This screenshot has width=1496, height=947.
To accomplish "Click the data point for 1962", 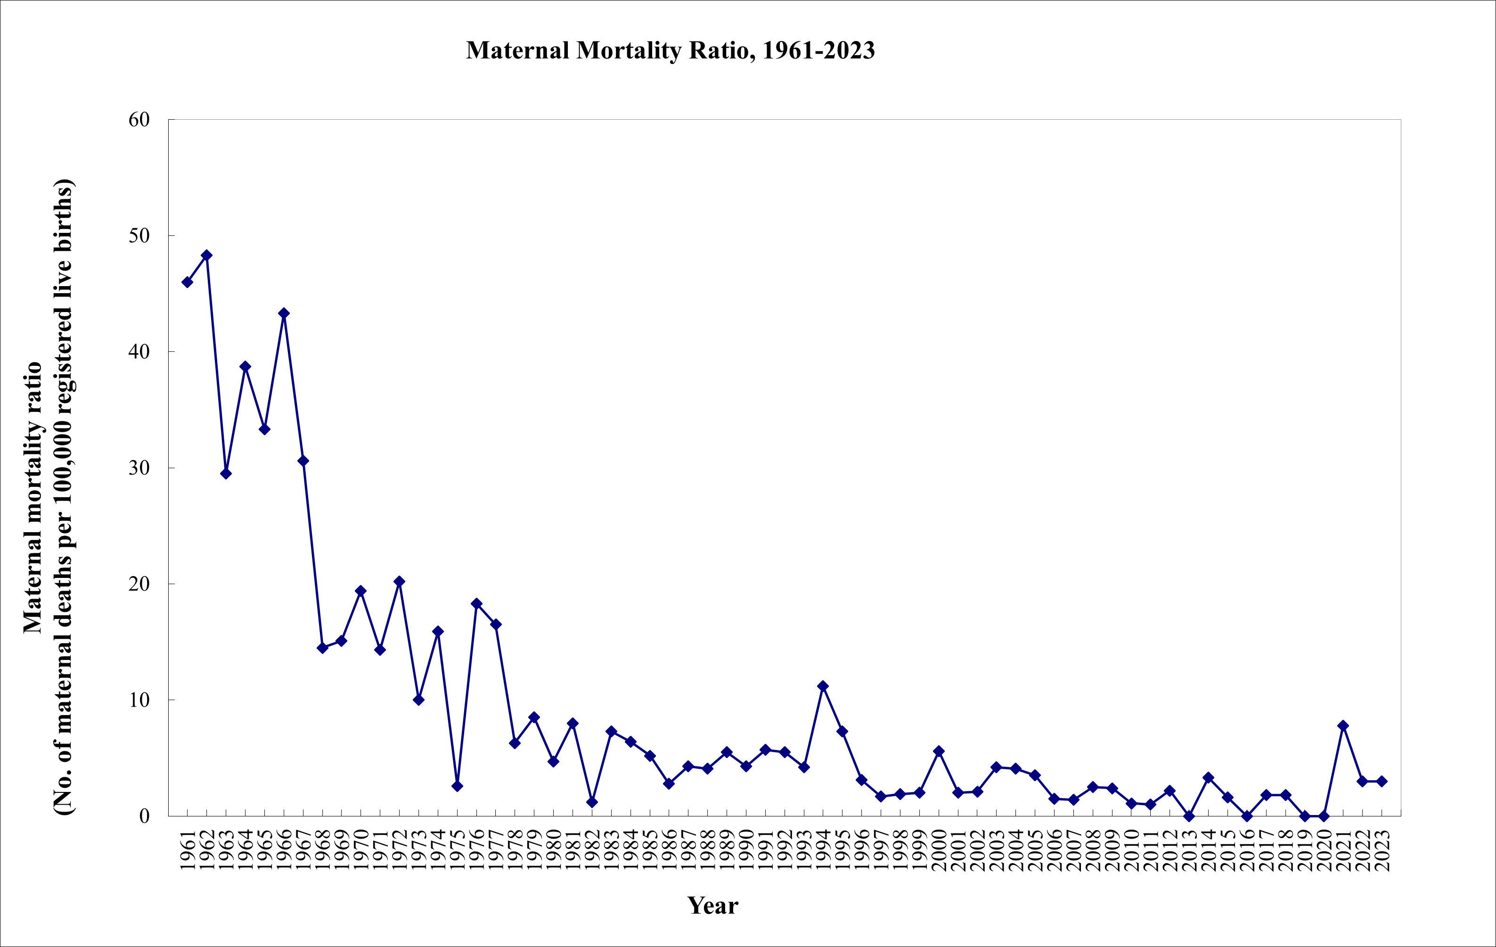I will [207, 255].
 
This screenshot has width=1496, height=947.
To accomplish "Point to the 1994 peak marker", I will [823, 686].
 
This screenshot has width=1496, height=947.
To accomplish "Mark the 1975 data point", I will [457, 786].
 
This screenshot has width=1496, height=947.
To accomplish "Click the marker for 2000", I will [939, 751].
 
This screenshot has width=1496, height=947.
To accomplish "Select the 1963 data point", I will [226, 473].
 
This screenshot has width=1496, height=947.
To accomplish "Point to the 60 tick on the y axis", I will [139, 120].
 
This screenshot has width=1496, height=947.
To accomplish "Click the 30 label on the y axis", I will [139, 468].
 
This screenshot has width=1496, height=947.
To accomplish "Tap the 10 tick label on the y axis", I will [139, 700].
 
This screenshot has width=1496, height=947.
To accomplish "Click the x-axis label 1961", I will [188, 849].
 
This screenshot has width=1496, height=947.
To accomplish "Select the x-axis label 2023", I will [1382, 849].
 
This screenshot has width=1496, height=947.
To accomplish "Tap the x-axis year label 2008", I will [1093, 849].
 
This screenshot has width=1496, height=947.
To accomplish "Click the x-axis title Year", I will [712, 906].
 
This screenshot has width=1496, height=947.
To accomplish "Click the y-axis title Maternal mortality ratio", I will [33, 497].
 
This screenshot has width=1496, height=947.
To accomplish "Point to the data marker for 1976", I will [476, 603].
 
